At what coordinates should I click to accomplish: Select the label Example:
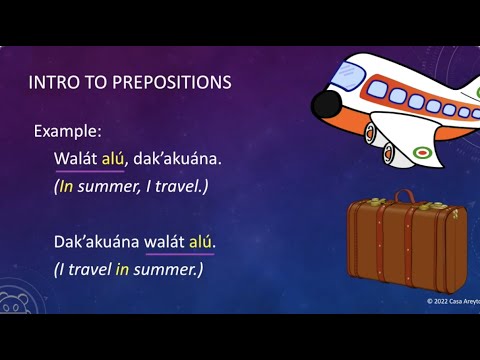[68, 131]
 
